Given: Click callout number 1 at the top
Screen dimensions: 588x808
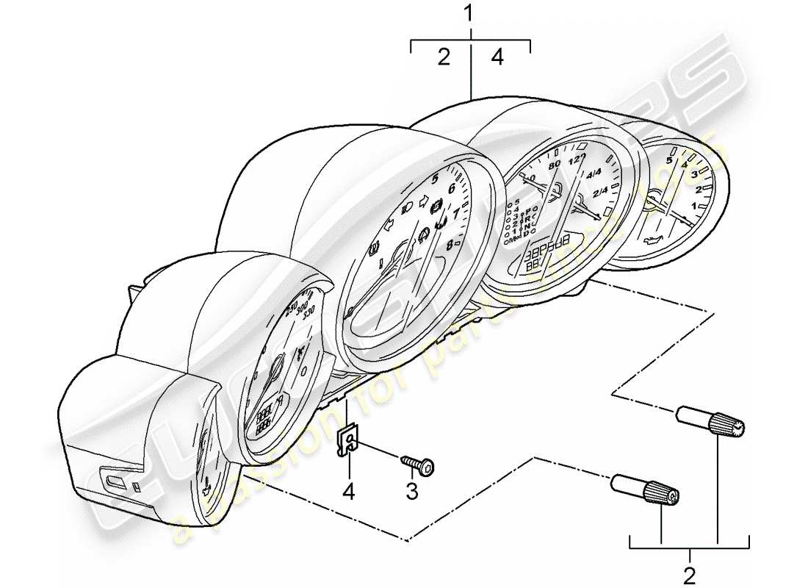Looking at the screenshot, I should [470, 13].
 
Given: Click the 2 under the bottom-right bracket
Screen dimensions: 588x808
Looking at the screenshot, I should [690, 573].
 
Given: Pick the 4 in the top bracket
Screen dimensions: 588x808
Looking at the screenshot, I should [497, 58].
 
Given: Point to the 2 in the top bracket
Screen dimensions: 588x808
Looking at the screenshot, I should [444, 58].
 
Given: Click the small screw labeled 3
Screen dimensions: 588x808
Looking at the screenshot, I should [418, 463].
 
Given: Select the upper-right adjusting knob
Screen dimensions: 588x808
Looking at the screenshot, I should [710, 422].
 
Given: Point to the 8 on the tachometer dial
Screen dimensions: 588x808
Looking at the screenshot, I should [449, 246].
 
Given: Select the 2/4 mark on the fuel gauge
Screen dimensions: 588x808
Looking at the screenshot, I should [600, 193].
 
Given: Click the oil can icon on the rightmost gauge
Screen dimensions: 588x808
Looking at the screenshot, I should [651, 240].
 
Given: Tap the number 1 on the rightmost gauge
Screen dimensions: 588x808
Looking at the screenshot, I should [693, 207].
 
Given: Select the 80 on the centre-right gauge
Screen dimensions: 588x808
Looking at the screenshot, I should [554, 164].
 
